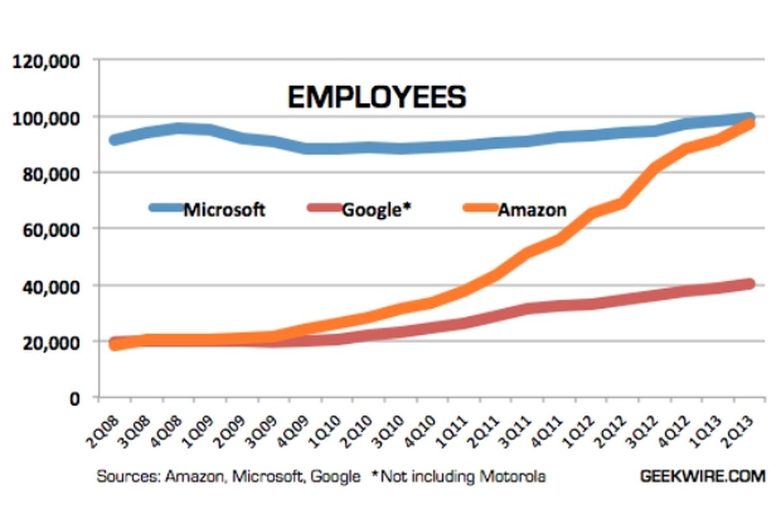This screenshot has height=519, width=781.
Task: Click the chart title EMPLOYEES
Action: [x=377, y=98]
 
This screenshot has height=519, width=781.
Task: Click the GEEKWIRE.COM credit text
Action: [x=702, y=476]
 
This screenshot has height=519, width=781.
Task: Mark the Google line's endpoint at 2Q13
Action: [x=750, y=284]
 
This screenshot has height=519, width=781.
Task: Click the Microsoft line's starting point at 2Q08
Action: [x=115, y=139]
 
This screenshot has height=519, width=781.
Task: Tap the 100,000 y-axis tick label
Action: [x=45, y=118]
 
